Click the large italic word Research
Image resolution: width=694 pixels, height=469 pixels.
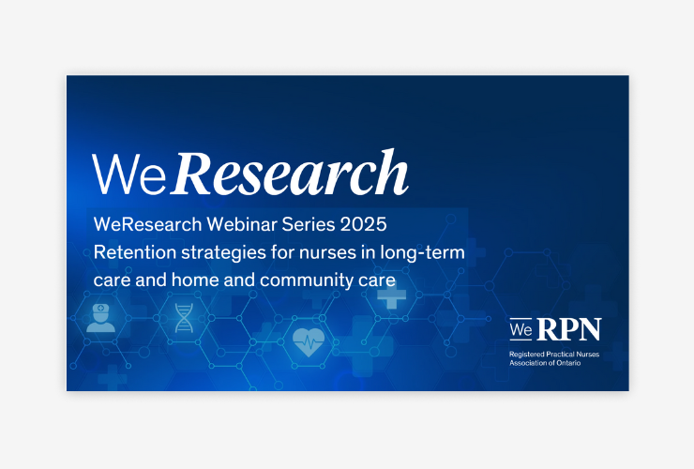coord(290,173)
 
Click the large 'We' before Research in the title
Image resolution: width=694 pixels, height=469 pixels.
coord(129,174)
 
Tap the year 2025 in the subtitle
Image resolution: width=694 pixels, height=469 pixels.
coord(363,224)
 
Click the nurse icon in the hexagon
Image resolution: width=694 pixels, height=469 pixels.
coord(101,318)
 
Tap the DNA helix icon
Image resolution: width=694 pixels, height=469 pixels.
coord(184,318)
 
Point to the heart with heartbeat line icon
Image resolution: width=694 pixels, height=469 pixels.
coord(309,341)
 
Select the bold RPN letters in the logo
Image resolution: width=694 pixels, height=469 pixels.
coord(569,330)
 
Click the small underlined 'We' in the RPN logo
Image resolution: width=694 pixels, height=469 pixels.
coord(520,330)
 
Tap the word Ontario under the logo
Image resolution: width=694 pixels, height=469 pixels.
coord(568,363)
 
